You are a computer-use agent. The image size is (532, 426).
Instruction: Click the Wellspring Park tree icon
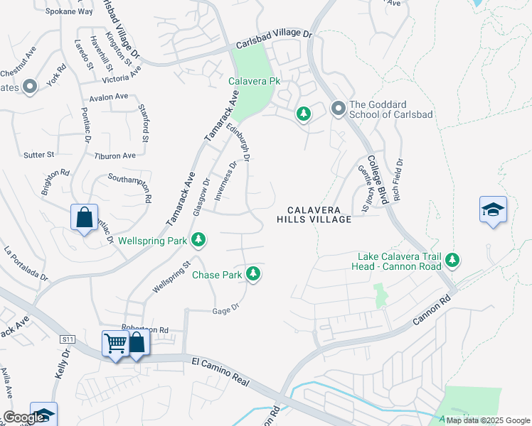pos(201,241)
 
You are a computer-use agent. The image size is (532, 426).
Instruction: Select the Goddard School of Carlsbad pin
pos(338,109)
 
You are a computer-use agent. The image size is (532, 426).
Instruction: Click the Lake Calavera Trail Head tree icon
pos(452,261)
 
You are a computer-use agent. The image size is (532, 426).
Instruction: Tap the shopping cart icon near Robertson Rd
pos(115,344)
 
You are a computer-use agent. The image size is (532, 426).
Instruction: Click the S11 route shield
pos(68,342)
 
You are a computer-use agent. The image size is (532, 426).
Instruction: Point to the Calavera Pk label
pos(254,82)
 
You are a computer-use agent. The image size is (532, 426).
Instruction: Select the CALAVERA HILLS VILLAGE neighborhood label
pos(314,215)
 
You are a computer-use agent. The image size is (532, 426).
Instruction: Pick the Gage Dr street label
pos(224,310)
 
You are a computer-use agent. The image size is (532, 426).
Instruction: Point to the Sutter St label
pos(40,154)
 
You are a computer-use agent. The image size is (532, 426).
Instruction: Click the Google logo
pos(23,418)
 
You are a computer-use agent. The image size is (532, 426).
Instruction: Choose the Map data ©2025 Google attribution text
pos(487,420)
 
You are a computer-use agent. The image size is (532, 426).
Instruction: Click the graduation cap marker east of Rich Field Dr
pos(493,209)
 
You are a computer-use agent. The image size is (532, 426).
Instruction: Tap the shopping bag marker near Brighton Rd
pos(84,217)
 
